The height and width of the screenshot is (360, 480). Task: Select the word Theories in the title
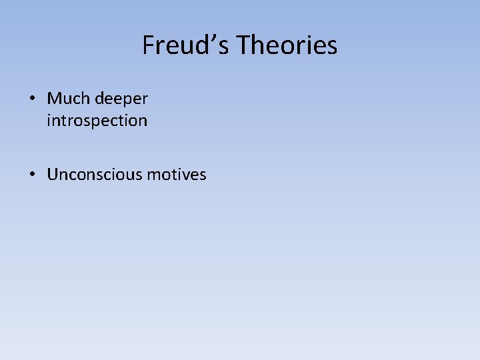[287, 45]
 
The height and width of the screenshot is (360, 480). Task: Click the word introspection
[97, 121]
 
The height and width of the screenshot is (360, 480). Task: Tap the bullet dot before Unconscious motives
[33, 175]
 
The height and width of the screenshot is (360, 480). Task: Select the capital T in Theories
[244, 45]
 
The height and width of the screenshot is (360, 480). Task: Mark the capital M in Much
[55, 99]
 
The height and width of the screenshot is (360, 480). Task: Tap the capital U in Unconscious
[53, 175]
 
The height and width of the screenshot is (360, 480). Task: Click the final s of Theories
[332, 47]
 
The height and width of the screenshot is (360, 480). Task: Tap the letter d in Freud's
[205, 45]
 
